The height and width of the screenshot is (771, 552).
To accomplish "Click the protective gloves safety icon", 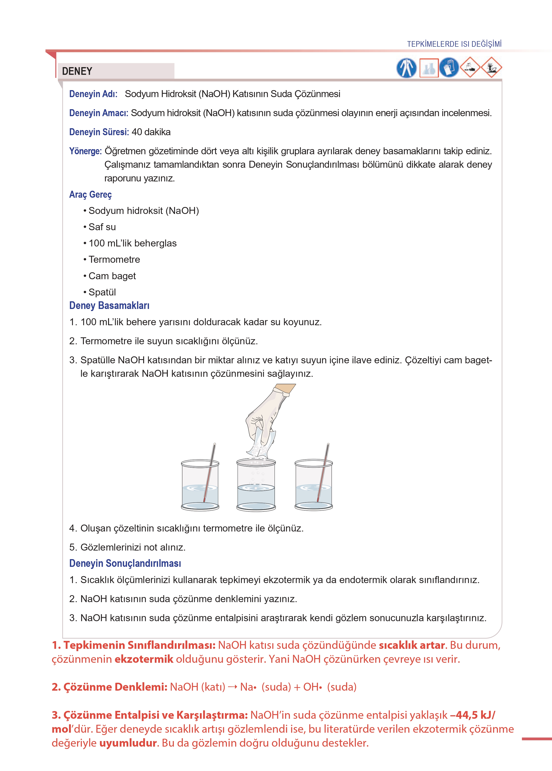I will click(449, 68).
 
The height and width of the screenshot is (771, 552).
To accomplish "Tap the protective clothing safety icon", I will click(407, 68).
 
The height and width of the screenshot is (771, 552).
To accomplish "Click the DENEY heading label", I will click(77, 71).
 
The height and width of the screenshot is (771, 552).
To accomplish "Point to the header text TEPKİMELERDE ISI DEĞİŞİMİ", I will click(454, 44).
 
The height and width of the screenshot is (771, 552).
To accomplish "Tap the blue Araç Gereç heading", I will click(90, 195).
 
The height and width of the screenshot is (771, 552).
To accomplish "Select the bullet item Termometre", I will click(114, 259).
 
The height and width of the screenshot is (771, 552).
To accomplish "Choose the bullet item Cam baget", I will click(112, 276).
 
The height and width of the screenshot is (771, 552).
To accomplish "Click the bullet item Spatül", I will click(102, 292).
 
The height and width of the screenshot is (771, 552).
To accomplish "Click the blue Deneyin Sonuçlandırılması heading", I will click(125, 564).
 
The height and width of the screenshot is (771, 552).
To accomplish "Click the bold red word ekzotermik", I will click(144, 659).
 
